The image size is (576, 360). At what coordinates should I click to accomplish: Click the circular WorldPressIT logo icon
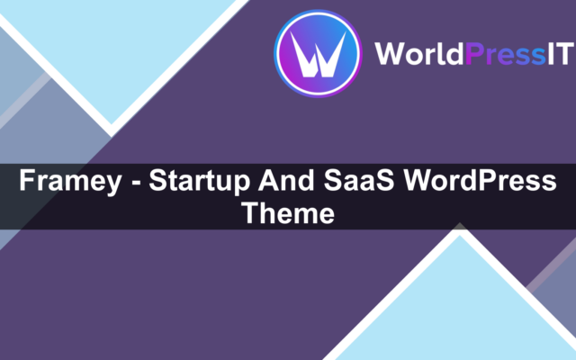pyautogui.click(x=318, y=54)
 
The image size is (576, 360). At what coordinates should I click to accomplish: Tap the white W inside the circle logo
pyautogui.click(x=318, y=54)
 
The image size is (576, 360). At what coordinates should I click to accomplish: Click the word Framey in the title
pyautogui.click(x=70, y=181)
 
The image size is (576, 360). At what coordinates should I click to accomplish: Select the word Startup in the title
pyautogui.click(x=199, y=181)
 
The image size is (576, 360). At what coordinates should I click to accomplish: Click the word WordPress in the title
pyautogui.click(x=480, y=180)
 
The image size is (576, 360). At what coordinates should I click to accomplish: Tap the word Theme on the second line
pyautogui.click(x=288, y=213)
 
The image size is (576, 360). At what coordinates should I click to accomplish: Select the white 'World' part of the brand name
pyautogui.click(x=419, y=54)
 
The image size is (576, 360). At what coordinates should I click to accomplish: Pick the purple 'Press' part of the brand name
pyautogui.click(x=505, y=54)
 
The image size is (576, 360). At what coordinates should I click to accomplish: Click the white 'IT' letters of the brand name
pyautogui.click(x=561, y=54)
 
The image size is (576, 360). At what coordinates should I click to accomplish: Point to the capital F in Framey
pyautogui.click(x=28, y=180)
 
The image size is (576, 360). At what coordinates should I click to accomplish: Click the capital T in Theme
pyautogui.click(x=250, y=212)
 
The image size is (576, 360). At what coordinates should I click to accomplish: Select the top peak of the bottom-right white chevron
pyautogui.click(x=460, y=229)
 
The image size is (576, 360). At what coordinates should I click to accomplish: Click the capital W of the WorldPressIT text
pyautogui.click(x=390, y=54)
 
